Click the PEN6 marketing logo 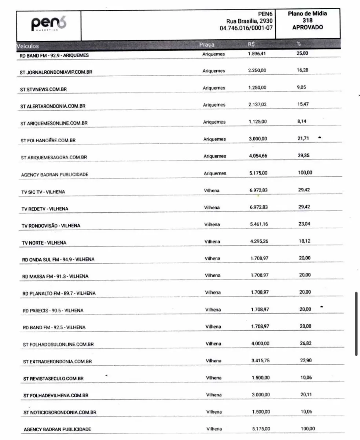49,25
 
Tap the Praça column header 207,45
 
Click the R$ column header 251,44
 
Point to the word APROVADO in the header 308,27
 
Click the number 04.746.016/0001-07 246,28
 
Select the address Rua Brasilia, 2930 249,21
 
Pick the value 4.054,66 258,156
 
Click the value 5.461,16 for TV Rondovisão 259,224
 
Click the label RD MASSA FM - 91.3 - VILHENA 55,276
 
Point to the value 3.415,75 260,360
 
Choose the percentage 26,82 305,343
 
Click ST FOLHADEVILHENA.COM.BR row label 56,395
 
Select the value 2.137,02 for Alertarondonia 257,104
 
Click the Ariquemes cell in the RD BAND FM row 213,54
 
